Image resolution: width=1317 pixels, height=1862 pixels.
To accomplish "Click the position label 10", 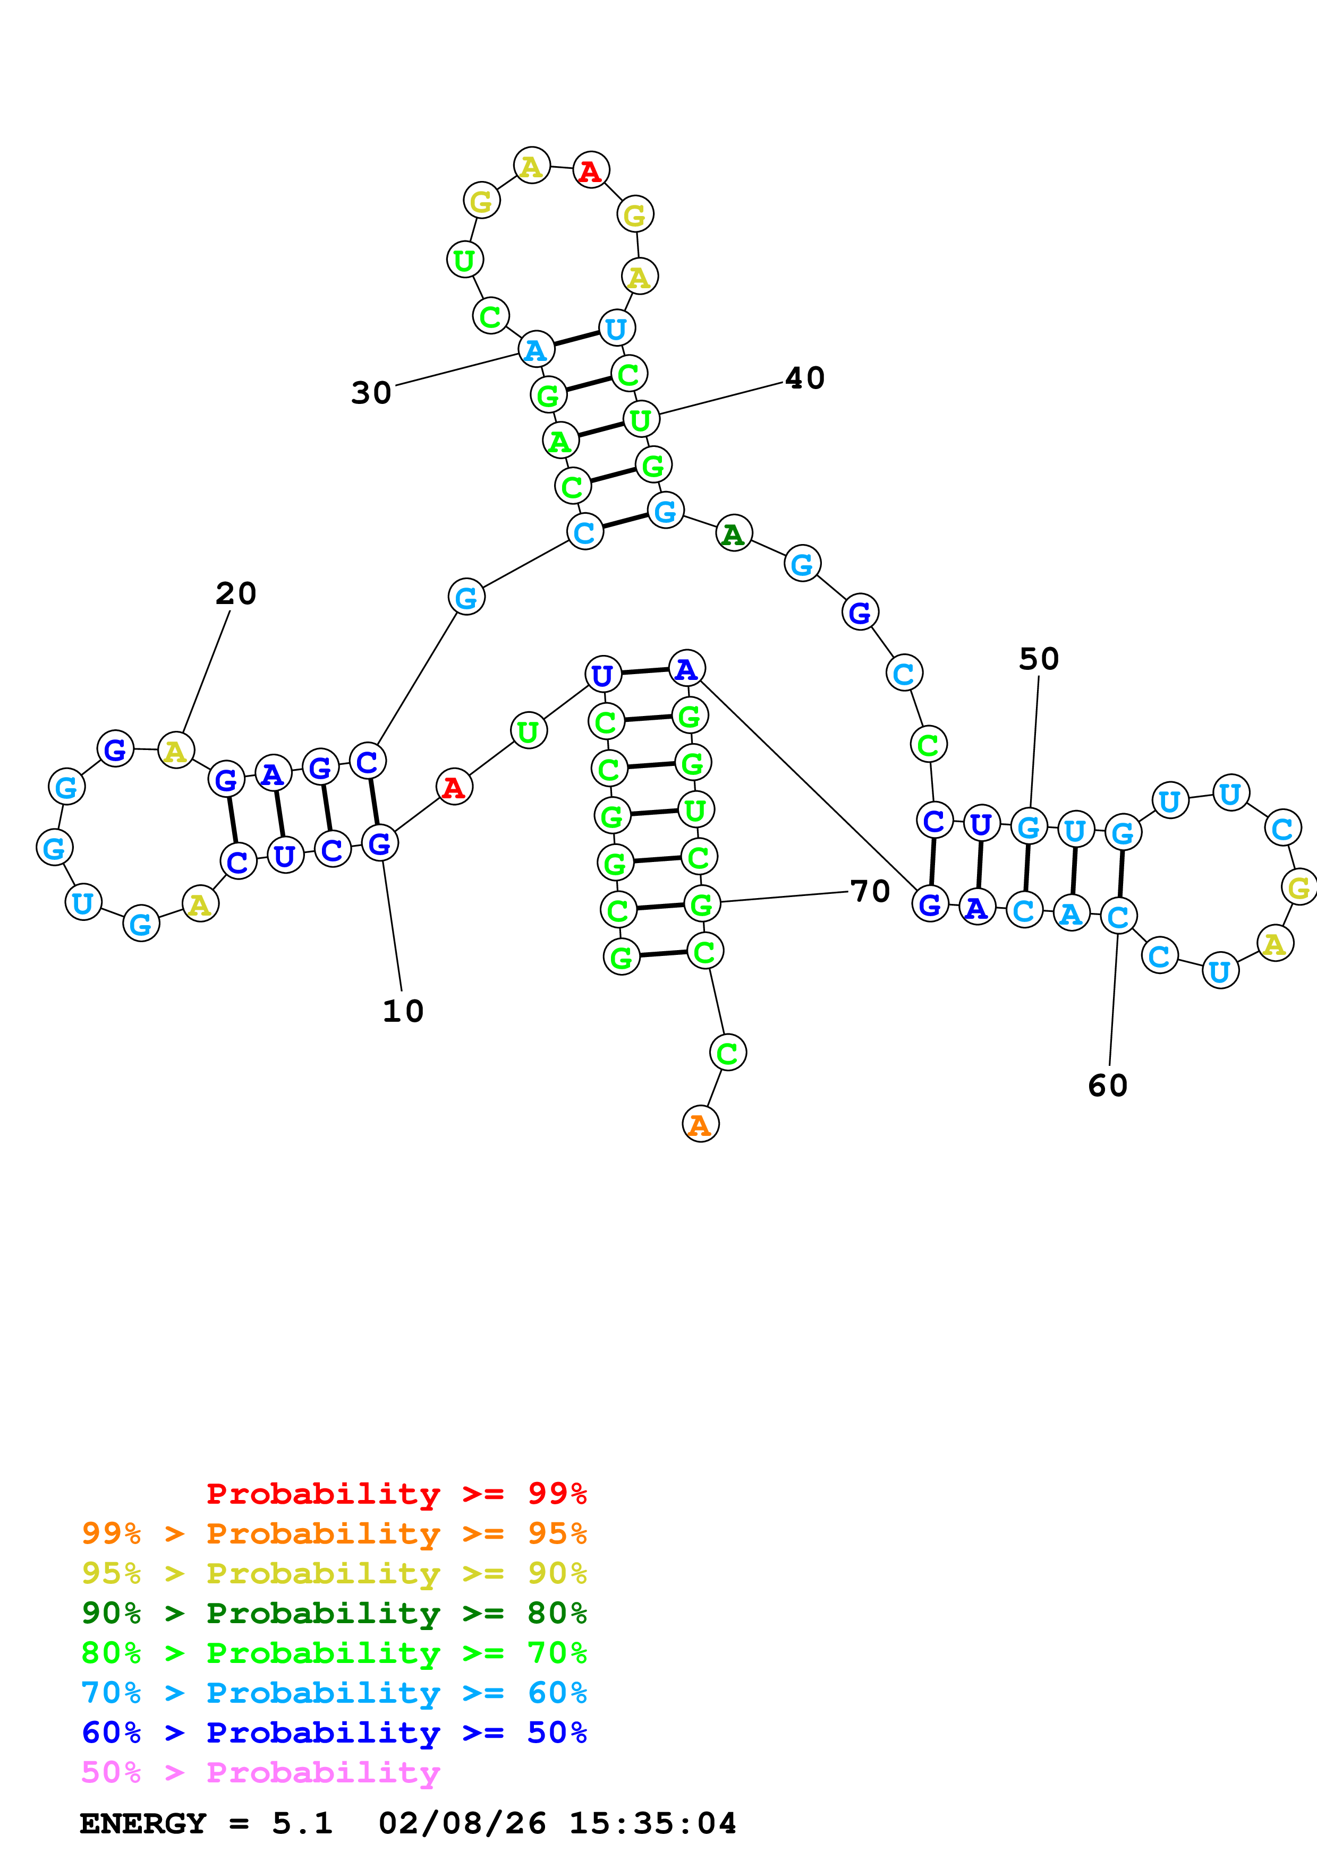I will pos(403,1011).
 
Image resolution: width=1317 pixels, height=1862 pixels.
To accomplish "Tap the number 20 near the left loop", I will pos(236,593).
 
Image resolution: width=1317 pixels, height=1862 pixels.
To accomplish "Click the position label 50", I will pos(1039,659).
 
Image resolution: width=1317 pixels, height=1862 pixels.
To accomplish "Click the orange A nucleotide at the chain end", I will pos(700,1124).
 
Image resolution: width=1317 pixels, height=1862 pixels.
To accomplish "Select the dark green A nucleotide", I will pos(734,533).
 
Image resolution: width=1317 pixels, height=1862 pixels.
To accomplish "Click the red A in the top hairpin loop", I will pos(591,171).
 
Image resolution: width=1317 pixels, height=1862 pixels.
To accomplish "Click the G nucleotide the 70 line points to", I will pos(702,903).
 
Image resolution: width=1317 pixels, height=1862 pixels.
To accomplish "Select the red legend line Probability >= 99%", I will pos(396,1494).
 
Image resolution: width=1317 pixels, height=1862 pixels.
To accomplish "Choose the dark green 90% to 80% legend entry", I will pos(334,1613).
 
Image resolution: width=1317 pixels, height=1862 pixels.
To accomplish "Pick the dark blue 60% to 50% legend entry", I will pos(334,1733).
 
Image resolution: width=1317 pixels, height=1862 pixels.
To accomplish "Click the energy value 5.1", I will pos(302,1824).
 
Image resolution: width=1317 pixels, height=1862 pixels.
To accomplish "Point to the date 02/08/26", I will pos(462,1824).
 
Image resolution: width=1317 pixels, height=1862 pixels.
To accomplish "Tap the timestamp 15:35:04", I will pos(652,1824).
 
